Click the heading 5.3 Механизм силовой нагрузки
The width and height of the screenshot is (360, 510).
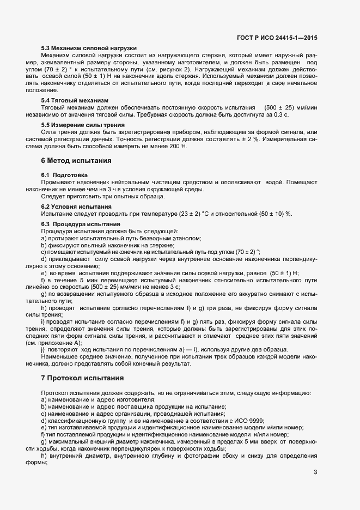coord(89,48)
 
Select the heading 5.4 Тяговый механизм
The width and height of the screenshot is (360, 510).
coord(75,100)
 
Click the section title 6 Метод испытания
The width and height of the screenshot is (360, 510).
coord(76,161)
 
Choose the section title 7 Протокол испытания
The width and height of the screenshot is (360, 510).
coord(82,378)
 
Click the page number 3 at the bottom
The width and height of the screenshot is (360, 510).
coord(315,472)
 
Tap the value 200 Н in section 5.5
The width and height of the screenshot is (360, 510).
coord(176,147)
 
